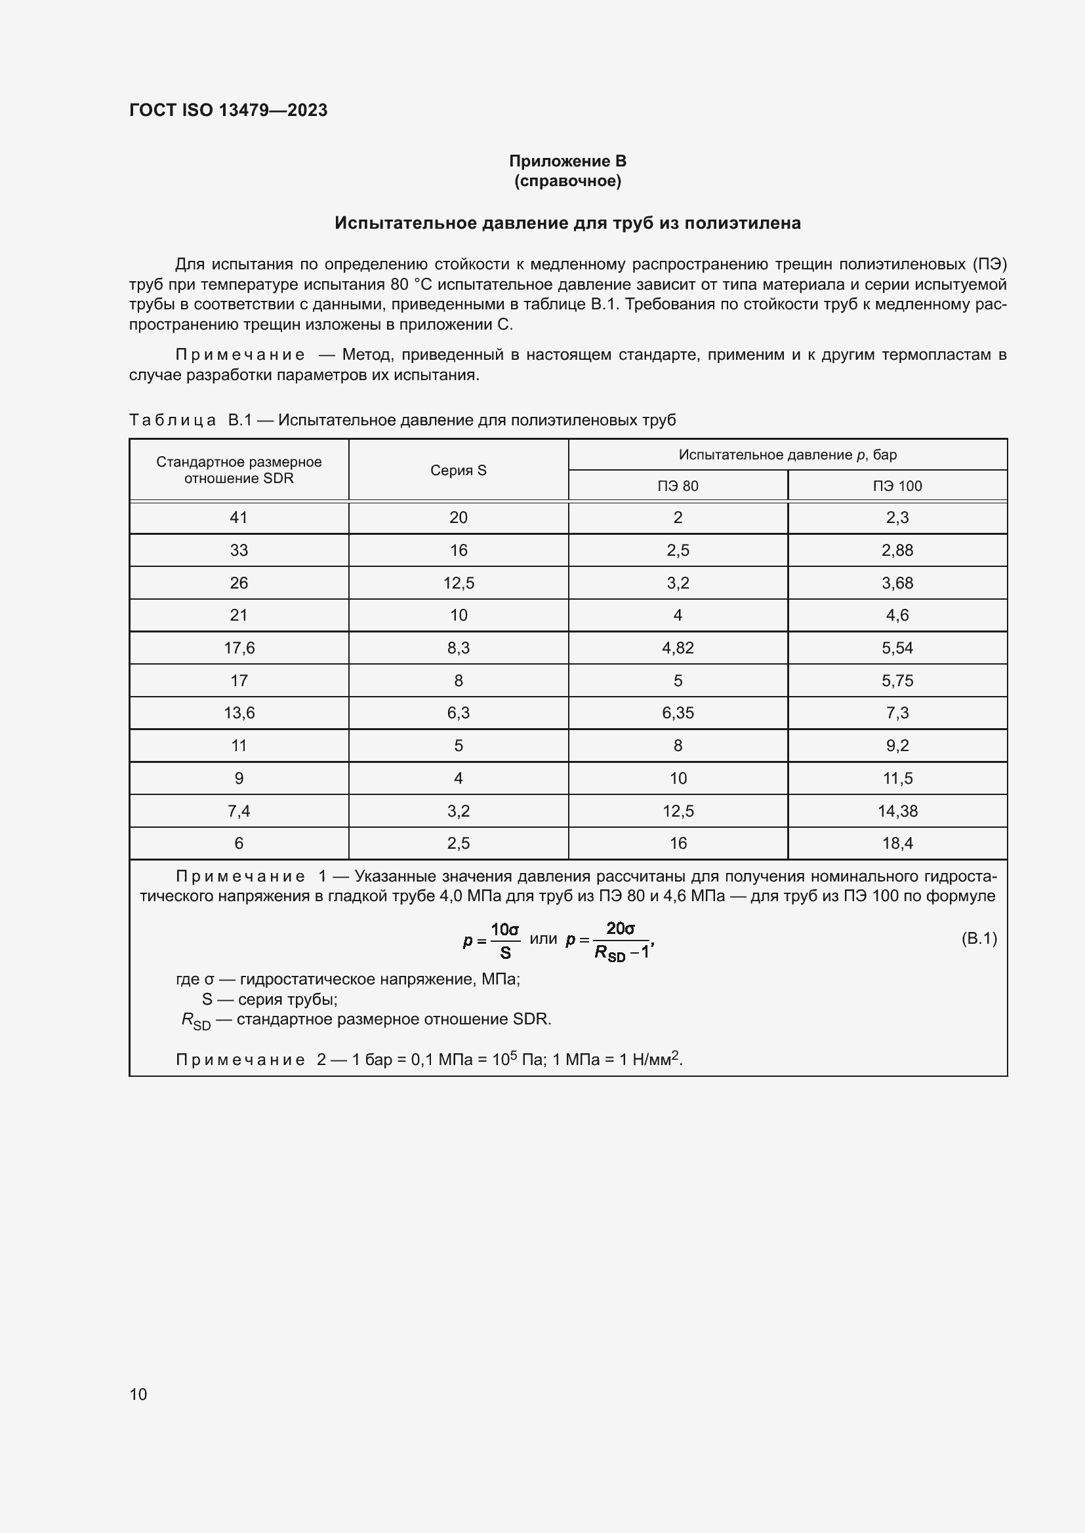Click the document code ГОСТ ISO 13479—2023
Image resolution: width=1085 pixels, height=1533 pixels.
(x=228, y=110)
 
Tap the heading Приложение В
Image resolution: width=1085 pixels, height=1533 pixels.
(x=567, y=161)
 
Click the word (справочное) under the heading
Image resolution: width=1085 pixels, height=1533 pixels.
(x=567, y=182)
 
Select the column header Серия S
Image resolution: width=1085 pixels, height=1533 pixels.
(x=459, y=470)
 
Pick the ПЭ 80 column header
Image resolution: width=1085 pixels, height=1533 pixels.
(x=678, y=486)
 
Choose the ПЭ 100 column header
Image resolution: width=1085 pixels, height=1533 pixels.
(x=897, y=486)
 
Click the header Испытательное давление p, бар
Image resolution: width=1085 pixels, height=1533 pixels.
(x=787, y=455)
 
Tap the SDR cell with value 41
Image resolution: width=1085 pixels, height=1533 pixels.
(x=239, y=518)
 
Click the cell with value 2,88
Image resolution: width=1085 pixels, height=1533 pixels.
(x=897, y=550)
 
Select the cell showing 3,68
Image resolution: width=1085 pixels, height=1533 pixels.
(x=897, y=583)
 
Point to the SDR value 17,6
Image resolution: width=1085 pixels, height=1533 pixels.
(x=239, y=648)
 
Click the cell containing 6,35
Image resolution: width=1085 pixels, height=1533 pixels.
(x=678, y=713)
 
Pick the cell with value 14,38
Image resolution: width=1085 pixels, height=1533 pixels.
(x=897, y=811)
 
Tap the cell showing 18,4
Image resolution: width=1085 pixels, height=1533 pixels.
(x=897, y=844)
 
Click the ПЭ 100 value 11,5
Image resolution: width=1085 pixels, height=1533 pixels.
(x=897, y=779)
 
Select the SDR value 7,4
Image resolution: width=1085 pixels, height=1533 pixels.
(x=239, y=811)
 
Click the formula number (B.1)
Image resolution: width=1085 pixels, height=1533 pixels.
(x=978, y=939)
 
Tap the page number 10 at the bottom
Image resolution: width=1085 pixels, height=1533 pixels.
(x=138, y=1394)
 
